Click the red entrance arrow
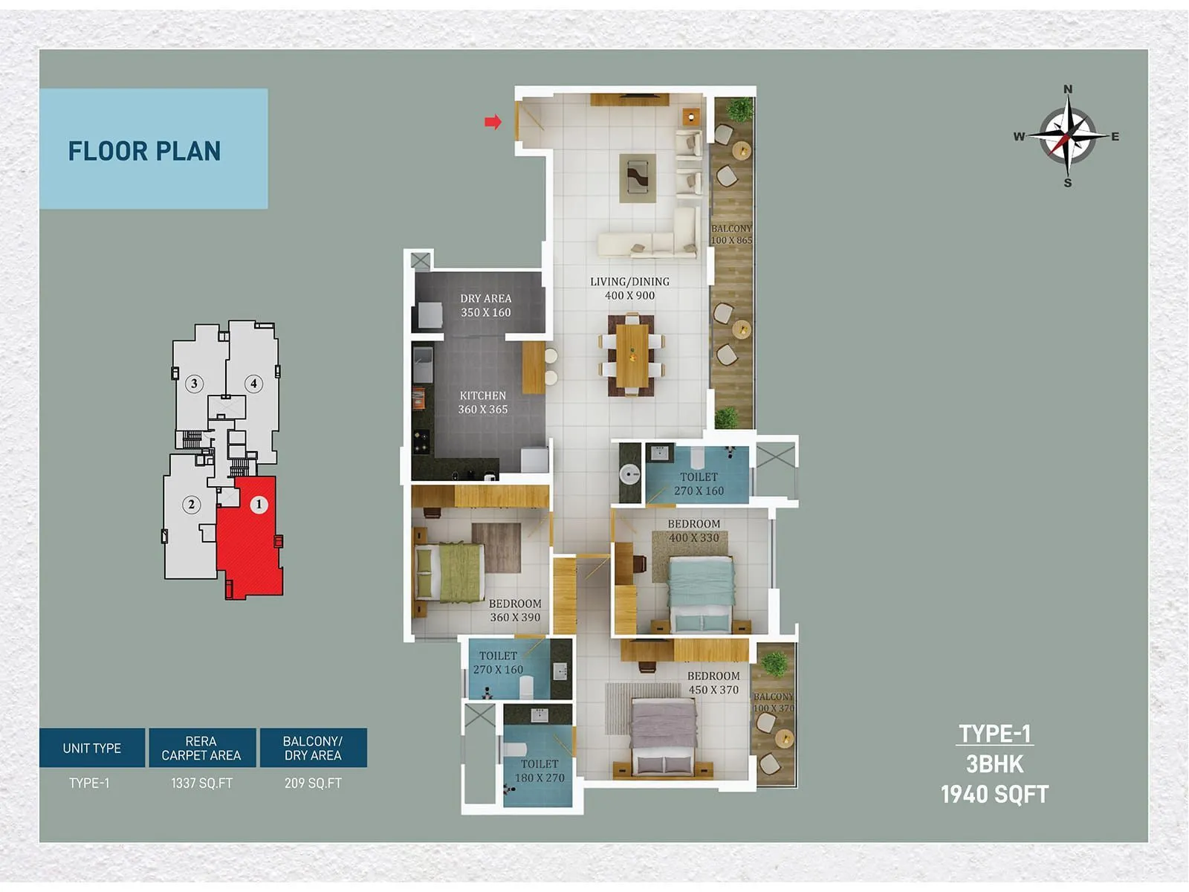point(493,122)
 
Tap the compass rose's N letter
point(1068,89)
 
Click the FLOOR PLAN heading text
point(144,151)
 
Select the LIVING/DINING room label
point(629,288)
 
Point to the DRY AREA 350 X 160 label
point(485,306)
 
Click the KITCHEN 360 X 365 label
point(482,402)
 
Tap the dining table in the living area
point(632,355)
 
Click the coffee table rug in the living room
point(638,178)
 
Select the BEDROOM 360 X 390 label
point(514,610)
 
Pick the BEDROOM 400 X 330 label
point(693,531)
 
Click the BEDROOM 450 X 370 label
point(713,682)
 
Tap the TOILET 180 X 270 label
point(540,771)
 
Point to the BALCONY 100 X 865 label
point(731,234)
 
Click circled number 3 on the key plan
point(194,384)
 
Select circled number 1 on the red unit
point(259,504)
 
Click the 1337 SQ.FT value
point(201,783)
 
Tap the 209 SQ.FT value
point(313,783)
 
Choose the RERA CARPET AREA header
point(201,748)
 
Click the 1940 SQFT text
point(994,795)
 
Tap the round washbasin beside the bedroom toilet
point(630,474)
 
